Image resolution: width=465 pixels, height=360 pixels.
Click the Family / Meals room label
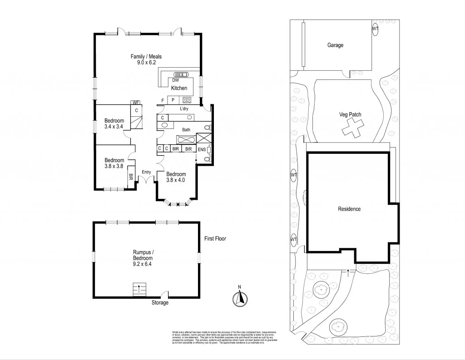[146, 57]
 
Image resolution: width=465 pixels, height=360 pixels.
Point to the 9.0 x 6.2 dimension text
[146, 63]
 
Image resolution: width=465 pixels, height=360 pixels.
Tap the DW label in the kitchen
[176, 80]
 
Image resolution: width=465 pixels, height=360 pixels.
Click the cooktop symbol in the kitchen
[187, 100]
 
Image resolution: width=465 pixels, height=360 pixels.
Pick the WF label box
[135, 103]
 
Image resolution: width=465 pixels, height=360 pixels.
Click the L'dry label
[184, 109]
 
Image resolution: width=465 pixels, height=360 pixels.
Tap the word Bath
[186, 130]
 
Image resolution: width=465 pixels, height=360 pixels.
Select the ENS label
[202, 149]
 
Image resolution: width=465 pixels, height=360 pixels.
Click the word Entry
[146, 172]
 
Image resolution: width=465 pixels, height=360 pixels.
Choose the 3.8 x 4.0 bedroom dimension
[176, 181]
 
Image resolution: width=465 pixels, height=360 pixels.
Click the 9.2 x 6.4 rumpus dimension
[143, 264]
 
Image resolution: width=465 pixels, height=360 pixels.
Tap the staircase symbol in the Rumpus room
[140, 289]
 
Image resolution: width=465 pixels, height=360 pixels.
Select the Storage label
[159, 303]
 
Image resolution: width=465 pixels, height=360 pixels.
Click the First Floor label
[215, 238]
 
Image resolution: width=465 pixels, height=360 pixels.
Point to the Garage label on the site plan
[335, 45]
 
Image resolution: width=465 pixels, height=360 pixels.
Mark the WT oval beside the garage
[375, 29]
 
